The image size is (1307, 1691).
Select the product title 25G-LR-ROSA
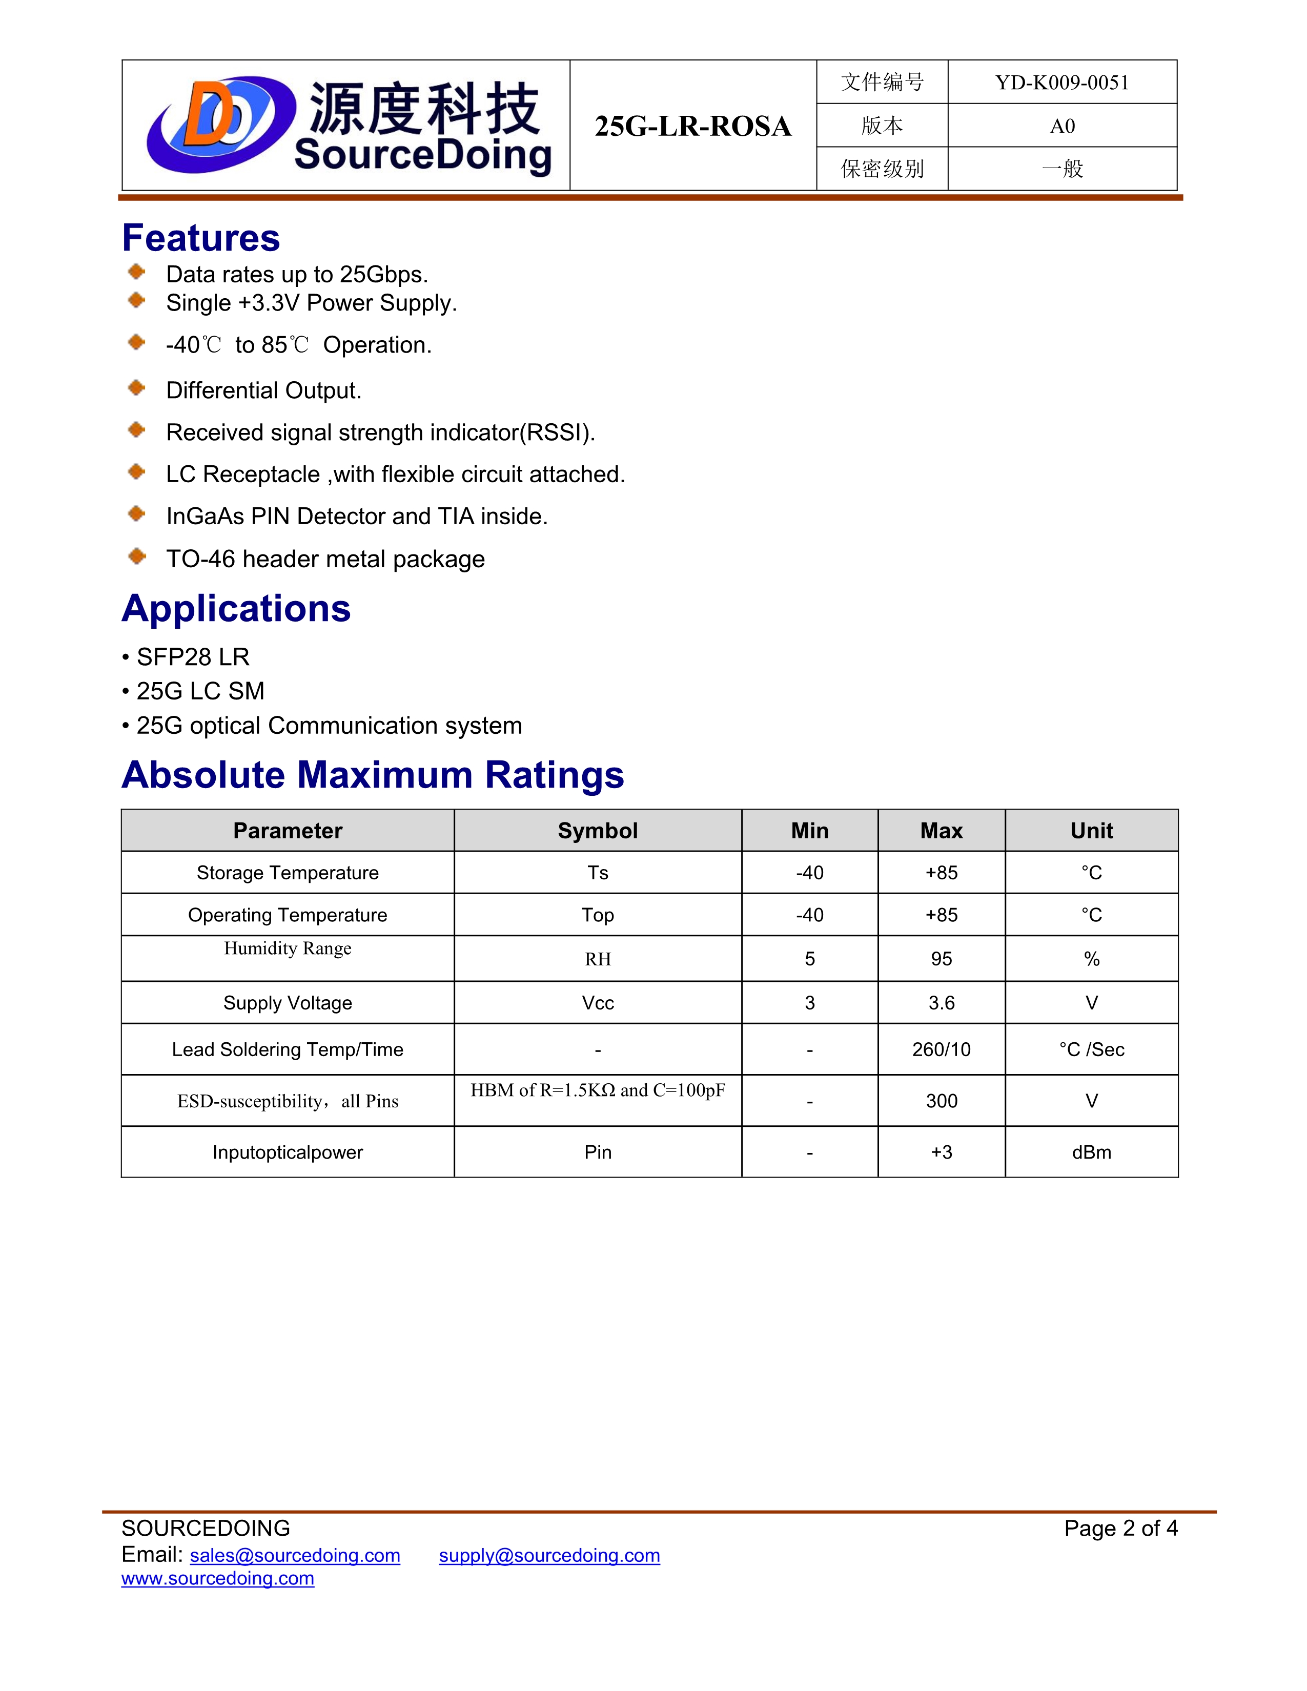(x=692, y=126)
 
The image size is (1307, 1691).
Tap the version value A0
(x=1061, y=126)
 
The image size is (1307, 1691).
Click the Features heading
(x=200, y=238)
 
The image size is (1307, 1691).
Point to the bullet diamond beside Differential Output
(x=137, y=388)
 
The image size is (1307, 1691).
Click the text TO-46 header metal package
(x=325, y=559)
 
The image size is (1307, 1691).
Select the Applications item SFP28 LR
(x=192, y=657)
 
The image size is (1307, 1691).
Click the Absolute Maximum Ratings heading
(x=373, y=775)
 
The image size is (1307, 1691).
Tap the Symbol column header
(x=598, y=831)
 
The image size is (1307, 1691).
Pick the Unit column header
(x=1091, y=831)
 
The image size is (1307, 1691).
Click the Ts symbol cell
(x=598, y=873)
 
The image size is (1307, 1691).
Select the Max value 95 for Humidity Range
(x=941, y=959)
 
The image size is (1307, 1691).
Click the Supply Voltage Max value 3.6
(x=941, y=1003)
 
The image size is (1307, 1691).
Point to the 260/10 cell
(x=941, y=1050)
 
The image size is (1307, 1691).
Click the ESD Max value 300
(x=941, y=1101)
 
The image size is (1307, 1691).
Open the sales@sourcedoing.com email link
(x=295, y=1556)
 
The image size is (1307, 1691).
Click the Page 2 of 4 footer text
(x=1119, y=1529)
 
